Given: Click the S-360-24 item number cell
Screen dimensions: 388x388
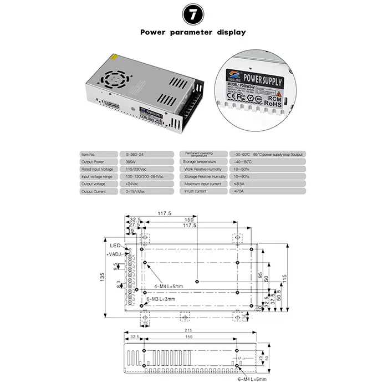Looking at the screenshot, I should pyautogui.click(x=132, y=154).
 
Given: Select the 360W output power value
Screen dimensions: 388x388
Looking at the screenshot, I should pyautogui.click(x=131, y=161).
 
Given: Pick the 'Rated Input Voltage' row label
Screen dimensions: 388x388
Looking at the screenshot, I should pyautogui.click(x=97, y=169).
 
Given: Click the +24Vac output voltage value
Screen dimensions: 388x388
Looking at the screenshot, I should pyautogui.click(x=132, y=183).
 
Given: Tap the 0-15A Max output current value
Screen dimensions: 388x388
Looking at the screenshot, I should pyautogui.click(x=135, y=191).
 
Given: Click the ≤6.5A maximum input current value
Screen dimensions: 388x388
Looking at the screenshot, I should pyautogui.click(x=238, y=183).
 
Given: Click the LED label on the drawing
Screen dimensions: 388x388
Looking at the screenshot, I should pyautogui.click(x=115, y=245).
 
